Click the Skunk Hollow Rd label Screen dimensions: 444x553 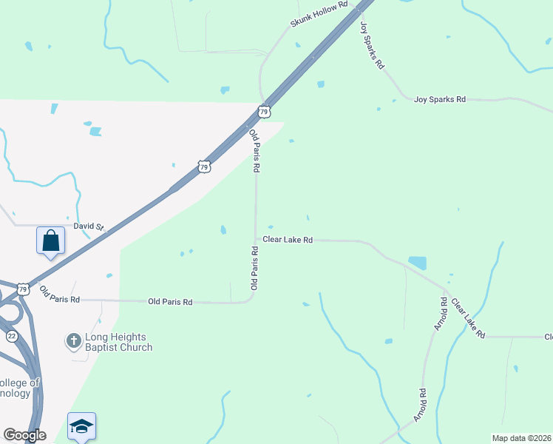(x=319, y=14)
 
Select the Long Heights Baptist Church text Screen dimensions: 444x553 (x=118, y=342)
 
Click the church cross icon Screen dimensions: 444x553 (x=73, y=341)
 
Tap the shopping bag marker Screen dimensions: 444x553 (x=50, y=240)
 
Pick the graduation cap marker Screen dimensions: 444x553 (x=81, y=425)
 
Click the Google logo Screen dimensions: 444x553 (x=24, y=435)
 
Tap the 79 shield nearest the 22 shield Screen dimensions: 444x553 (x=23, y=288)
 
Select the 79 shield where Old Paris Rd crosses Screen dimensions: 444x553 (x=264, y=112)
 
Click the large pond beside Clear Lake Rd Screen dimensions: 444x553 (x=418, y=263)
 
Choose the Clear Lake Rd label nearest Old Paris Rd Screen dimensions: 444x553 (x=288, y=240)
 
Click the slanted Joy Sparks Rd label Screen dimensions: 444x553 (x=372, y=45)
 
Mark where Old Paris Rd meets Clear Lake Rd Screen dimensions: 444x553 (x=256, y=240)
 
